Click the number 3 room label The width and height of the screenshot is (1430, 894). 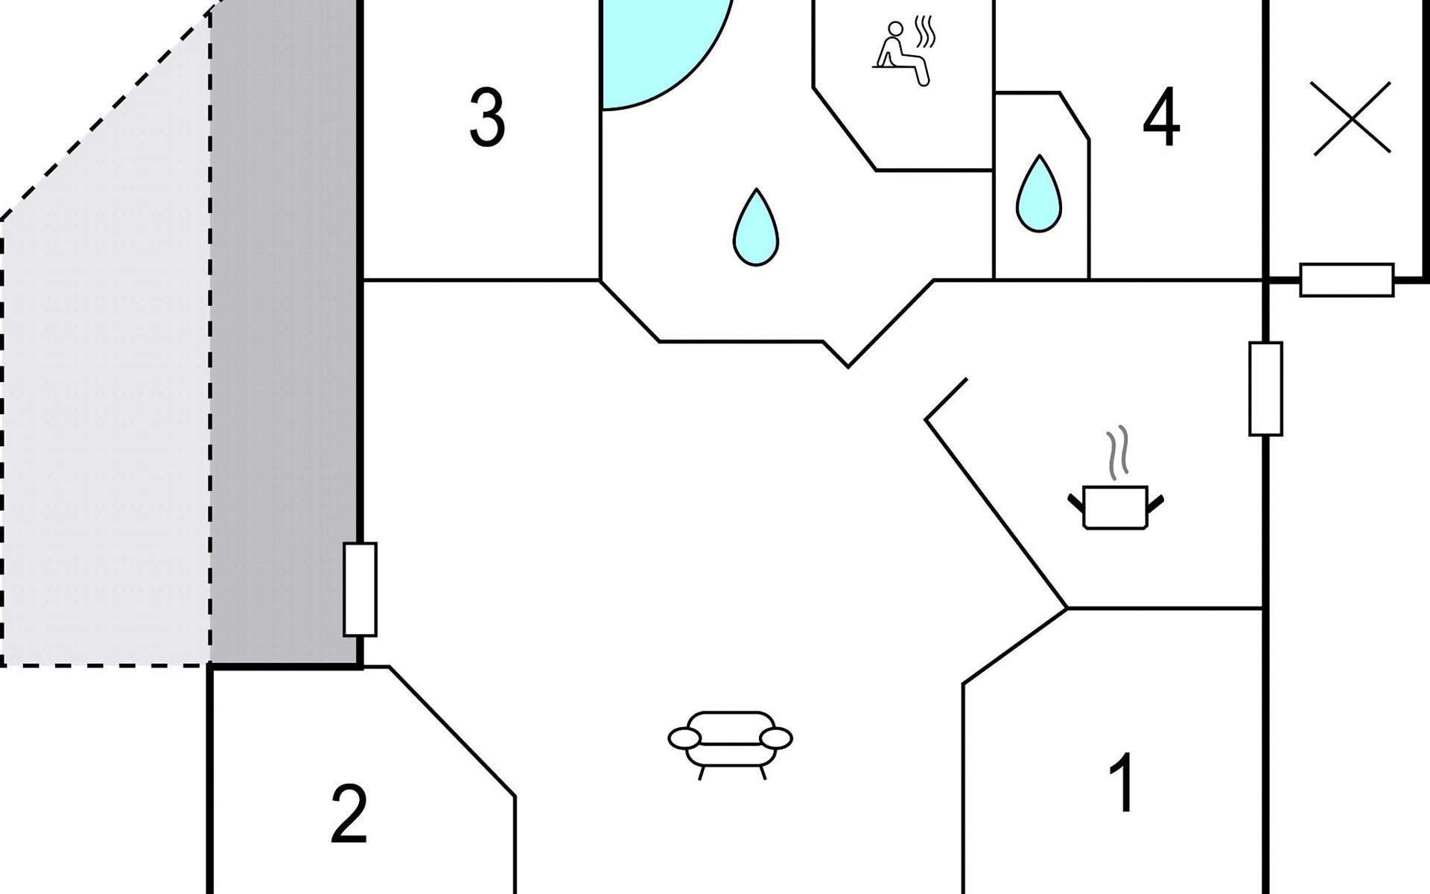point(487,118)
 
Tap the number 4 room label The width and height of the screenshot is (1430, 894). point(1161,118)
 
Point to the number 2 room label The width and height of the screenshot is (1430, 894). point(349,814)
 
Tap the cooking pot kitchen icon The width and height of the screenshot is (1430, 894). point(1115,507)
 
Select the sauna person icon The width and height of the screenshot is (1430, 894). point(902,54)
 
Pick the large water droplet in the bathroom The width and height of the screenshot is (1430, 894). point(756,227)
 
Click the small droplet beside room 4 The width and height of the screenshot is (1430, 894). point(1038,194)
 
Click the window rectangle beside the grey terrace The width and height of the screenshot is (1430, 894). point(360,589)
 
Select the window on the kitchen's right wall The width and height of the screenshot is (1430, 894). point(1265,388)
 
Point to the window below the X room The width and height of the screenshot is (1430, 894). point(1347,280)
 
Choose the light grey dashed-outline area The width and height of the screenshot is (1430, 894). point(104,417)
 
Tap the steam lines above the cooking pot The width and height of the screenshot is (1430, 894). point(1116,453)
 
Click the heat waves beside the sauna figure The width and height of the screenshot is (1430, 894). point(924,32)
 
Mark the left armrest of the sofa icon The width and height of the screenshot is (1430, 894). point(684,738)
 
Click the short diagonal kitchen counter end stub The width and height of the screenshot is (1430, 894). point(946,399)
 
